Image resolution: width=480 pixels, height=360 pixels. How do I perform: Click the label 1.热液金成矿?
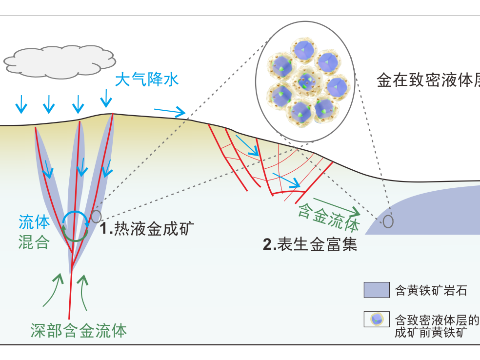pos(147,228)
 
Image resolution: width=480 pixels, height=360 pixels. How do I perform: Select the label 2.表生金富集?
pos(310,243)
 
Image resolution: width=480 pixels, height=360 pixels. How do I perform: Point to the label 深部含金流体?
pos(79,331)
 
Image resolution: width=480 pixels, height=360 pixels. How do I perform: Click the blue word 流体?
pos(34,222)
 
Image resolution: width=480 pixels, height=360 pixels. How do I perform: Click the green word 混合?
pos(34,242)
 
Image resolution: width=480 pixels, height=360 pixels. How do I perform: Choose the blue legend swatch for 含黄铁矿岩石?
pos(376,290)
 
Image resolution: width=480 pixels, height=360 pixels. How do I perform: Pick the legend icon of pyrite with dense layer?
pos(376,319)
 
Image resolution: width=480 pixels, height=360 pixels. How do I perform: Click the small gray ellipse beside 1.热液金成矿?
pos(96,216)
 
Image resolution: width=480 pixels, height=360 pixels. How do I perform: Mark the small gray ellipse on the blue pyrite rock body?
pos(388,221)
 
